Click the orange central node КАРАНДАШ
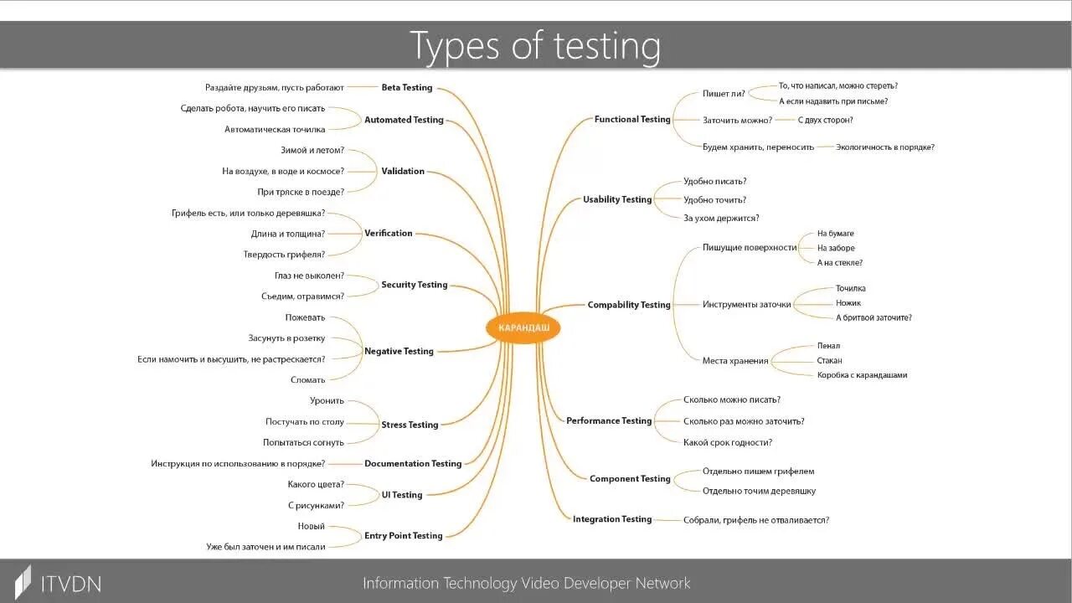[x=523, y=327]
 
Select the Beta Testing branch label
[x=407, y=87]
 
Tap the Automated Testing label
[x=404, y=120]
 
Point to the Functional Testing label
[x=632, y=119]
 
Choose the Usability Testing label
[x=617, y=199]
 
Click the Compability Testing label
[x=629, y=305]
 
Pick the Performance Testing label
[x=609, y=420]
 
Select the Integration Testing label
[x=612, y=519]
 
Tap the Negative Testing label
[x=399, y=351]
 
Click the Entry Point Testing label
[x=403, y=535]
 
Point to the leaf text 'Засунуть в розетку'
[x=286, y=338]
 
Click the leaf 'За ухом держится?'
[x=721, y=218]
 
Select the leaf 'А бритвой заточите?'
[x=874, y=317]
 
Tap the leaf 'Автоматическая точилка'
[x=275, y=129]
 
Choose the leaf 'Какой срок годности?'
[x=727, y=442]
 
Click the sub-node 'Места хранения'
[x=734, y=361]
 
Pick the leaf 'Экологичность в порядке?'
[x=884, y=147]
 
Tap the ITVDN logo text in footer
[x=70, y=583]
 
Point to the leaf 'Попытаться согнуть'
[x=303, y=442]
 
